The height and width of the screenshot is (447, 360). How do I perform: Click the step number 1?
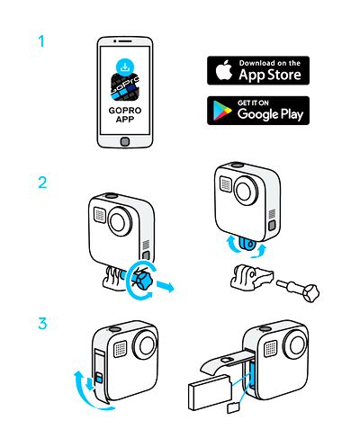pos(41,41)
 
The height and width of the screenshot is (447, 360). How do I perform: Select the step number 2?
pos(42,183)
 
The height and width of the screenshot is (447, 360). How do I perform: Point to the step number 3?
pos(42,324)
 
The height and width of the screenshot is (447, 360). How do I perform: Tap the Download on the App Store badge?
pos(258,70)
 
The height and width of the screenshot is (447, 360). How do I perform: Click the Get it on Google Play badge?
pos(258,111)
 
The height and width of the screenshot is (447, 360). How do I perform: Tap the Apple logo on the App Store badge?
pos(224,70)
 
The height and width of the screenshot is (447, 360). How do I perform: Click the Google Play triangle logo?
pos(222,111)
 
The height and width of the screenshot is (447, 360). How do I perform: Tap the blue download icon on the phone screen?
pos(125,67)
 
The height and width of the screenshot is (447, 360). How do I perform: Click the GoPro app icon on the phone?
pos(125,87)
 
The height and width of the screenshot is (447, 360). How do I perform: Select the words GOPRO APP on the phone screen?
pos(125,115)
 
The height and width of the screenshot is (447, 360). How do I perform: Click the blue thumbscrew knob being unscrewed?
pos(142,280)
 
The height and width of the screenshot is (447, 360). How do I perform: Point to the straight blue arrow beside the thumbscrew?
pos(165,287)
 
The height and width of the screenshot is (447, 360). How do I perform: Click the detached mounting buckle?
pos(251,277)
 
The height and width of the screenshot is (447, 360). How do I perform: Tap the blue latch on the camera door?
pos(98,379)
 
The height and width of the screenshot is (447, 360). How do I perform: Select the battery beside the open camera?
pos(210,392)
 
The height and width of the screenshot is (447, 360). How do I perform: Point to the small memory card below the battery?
pos(233,408)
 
